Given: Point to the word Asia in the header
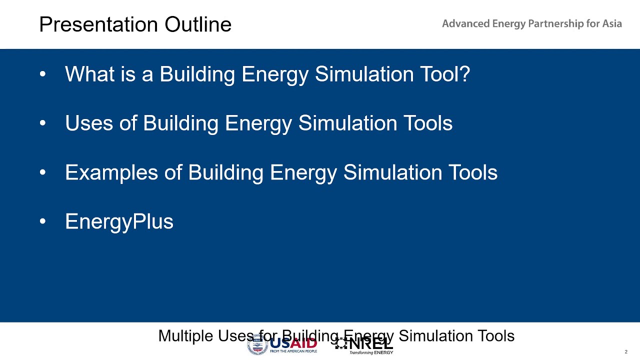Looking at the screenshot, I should coord(612,24).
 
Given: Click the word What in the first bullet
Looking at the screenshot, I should coord(87,74).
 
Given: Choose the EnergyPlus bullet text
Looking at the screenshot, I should coord(119,221).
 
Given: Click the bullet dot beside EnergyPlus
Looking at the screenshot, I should coord(42,221).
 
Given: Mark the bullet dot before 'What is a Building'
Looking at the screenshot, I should coord(42,74).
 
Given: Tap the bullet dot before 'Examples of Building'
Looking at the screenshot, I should coord(42,172).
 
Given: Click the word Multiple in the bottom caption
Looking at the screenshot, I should coord(185,336).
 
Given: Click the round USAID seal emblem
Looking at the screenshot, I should coord(257,345).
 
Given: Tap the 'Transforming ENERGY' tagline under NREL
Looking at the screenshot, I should coord(370,352).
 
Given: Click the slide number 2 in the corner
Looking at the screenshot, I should coord(625,352).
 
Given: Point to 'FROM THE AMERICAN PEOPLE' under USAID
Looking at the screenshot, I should coord(293,351).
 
